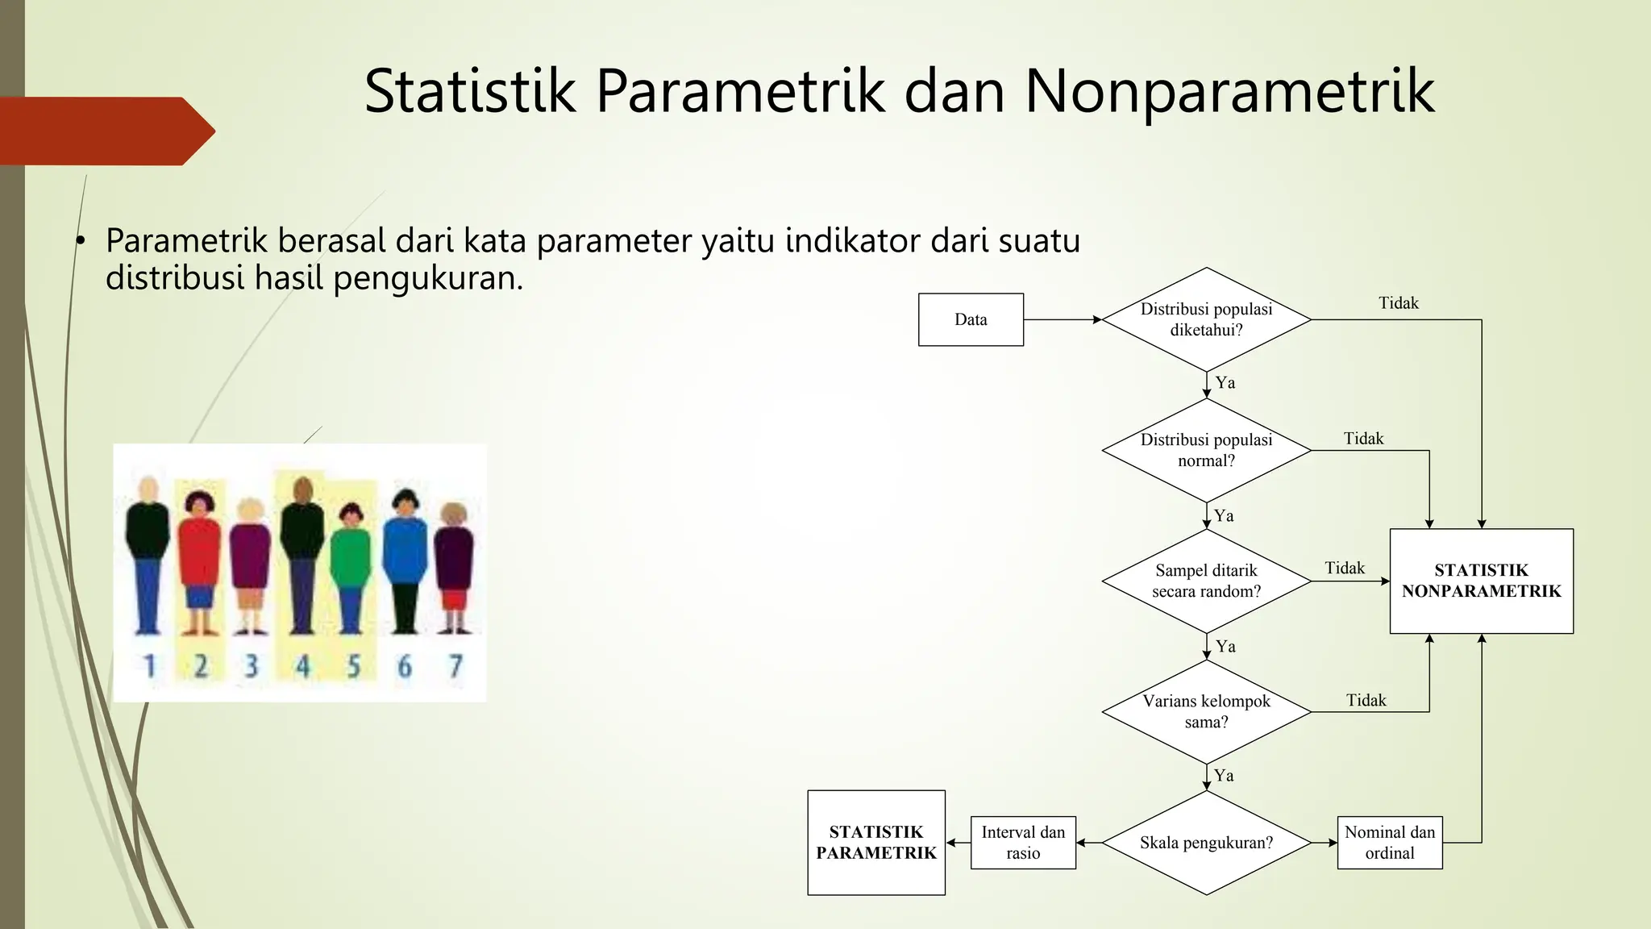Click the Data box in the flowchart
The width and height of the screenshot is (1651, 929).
[x=971, y=319]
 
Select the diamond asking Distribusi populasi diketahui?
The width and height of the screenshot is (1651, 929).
[x=1206, y=319]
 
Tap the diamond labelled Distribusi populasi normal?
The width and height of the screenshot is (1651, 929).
[x=1206, y=450]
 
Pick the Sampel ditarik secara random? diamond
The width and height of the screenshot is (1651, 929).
[x=1206, y=581]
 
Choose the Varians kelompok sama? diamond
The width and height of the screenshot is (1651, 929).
[x=1206, y=711]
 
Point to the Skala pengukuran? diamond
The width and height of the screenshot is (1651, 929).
[x=1206, y=843]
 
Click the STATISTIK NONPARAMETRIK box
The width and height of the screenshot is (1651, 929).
[x=1481, y=581]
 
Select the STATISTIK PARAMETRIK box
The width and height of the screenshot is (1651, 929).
[x=876, y=843]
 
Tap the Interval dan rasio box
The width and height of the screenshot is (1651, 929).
[x=1023, y=843]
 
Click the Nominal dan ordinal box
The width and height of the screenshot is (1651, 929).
[x=1389, y=843]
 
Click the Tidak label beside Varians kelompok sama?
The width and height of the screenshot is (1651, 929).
[x=1366, y=700]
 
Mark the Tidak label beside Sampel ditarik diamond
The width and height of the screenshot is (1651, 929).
[x=1345, y=568]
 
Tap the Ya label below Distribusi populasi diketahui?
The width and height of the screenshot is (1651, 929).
[x=1225, y=382]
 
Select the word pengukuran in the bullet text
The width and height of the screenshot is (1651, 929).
[x=428, y=278]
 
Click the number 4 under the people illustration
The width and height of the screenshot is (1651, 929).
[x=302, y=666]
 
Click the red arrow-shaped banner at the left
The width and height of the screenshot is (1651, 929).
[x=105, y=131]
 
